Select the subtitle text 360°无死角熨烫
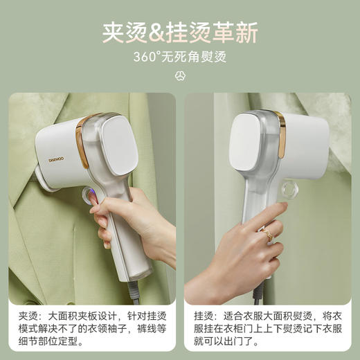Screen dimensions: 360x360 (179, 57)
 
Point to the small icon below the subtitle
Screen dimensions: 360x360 (180, 75)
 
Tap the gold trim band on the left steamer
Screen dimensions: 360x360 (82, 142)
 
